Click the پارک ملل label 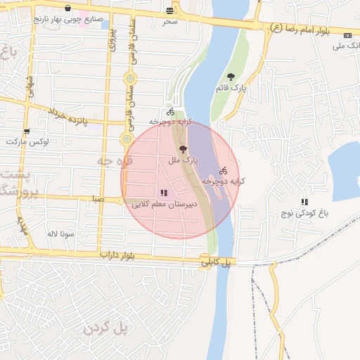184,160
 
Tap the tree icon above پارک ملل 184,149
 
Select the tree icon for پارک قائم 231,77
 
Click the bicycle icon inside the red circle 224,171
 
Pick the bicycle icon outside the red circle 170,112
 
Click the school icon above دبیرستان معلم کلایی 164,193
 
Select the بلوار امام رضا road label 309,30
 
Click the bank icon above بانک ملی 347,35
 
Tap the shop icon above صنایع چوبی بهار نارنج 67,9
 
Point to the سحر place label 169,22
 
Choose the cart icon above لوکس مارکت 27,131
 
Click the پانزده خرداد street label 77,117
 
